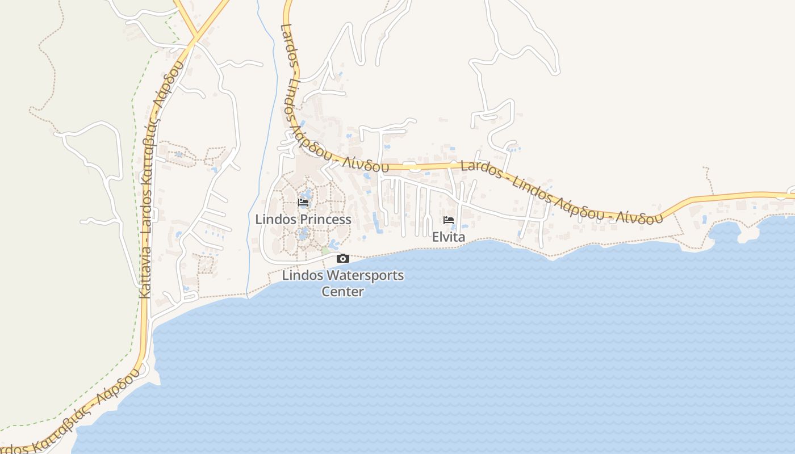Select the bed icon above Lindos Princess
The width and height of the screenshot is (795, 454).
pos(303,202)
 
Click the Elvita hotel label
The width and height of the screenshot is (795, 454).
pos(449,237)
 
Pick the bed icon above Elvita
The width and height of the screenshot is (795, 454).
pos(449,220)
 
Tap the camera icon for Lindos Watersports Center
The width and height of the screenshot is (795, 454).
pos(342,259)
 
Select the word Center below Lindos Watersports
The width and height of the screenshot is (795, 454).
pos(342,292)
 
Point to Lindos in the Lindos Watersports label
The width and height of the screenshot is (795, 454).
pos(302,276)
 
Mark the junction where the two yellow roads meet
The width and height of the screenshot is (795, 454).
pos(195,37)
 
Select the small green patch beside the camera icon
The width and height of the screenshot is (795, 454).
pos(325,250)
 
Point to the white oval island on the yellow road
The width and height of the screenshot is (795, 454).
pos(415,167)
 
